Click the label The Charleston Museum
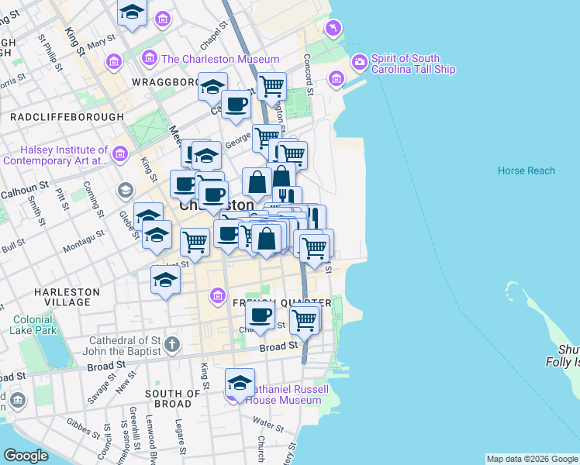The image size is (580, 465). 220,59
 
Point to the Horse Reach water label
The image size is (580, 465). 526,170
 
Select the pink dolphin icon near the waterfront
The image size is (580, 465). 333,29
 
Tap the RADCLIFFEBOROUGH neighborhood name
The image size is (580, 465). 67,117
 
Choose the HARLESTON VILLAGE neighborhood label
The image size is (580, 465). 67,298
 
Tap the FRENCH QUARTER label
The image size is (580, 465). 271,302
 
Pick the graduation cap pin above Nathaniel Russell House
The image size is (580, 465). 240,383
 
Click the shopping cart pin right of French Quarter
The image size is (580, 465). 305,318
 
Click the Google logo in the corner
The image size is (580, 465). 26,456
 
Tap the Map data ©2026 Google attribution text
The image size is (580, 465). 531,459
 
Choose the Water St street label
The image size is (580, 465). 268,423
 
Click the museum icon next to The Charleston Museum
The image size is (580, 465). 150,58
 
